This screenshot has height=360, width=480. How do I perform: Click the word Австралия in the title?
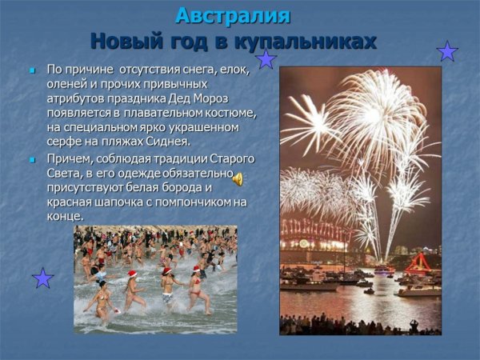click(x=233, y=15)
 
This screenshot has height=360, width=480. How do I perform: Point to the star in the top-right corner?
click(x=447, y=52)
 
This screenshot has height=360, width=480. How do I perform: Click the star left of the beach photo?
click(x=42, y=278)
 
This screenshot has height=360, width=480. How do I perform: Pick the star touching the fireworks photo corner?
click(x=266, y=59)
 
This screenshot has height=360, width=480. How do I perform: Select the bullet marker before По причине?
click(x=33, y=70)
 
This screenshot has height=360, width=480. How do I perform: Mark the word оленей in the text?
click(x=66, y=84)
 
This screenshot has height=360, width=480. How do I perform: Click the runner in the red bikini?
click(x=195, y=292)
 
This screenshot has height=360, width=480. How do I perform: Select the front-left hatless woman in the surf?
click(x=102, y=300)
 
